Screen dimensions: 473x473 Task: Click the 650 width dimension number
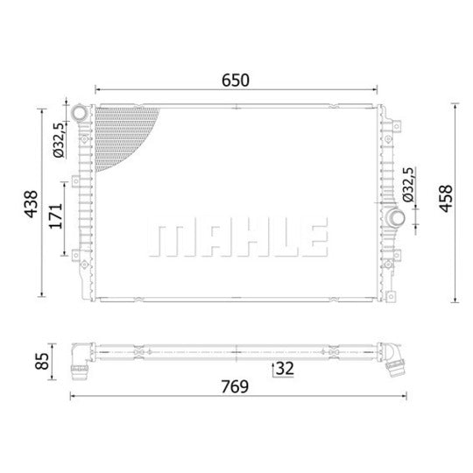pyautogui.click(x=236, y=81)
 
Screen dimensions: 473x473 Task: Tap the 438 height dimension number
pyautogui.click(x=32, y=203)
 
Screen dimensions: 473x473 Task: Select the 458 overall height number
pyautogui.click(x=446, y=199)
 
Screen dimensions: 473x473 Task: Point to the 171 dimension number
pyautogui.click(x=56, y=216)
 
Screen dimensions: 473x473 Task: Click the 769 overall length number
pyautogui.click(x=235, y=387)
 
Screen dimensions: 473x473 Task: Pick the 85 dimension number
pyautogui.click(x=42, y=361)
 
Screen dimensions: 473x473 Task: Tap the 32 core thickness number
pyautogui.click(x=285, y=368)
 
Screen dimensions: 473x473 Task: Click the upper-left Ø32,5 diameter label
pyautogui.click(x=59, y=140)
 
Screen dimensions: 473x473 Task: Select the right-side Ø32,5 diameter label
pyautogui.click(x=408, y=185)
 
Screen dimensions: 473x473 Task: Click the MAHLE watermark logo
pyautogui.click(x=238, y=237)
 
